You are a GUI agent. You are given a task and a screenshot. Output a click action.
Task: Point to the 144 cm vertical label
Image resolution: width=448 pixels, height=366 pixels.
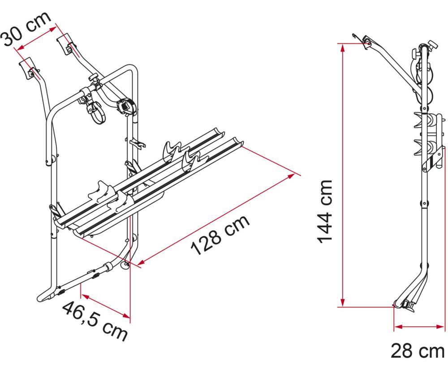point(327,211)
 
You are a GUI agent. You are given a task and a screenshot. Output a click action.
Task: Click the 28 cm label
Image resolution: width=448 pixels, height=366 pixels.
point(418,351)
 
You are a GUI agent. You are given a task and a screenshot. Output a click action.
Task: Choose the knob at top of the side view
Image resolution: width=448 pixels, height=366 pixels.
point(431,45)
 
